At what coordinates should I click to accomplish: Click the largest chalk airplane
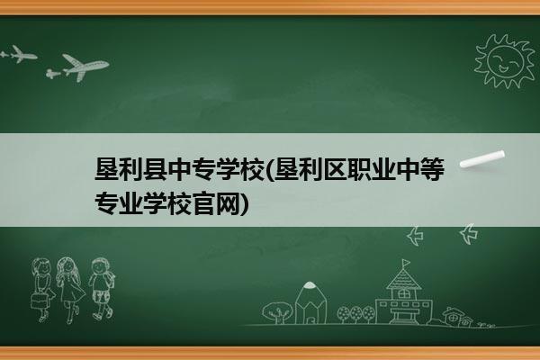85,67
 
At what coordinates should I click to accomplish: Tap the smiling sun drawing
505,61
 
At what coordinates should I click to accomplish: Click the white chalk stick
482,159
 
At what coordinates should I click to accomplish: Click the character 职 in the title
359,169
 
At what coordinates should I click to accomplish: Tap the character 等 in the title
433,169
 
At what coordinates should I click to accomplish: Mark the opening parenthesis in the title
269,170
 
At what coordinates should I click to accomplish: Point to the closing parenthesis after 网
244,203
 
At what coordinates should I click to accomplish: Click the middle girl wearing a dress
70,290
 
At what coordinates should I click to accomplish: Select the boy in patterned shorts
101,289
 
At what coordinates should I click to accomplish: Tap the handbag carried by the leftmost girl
38,301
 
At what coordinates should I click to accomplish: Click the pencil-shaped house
310,302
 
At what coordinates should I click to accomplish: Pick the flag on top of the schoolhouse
407,263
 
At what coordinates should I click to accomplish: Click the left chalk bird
415,236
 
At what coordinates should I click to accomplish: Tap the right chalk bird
469,234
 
